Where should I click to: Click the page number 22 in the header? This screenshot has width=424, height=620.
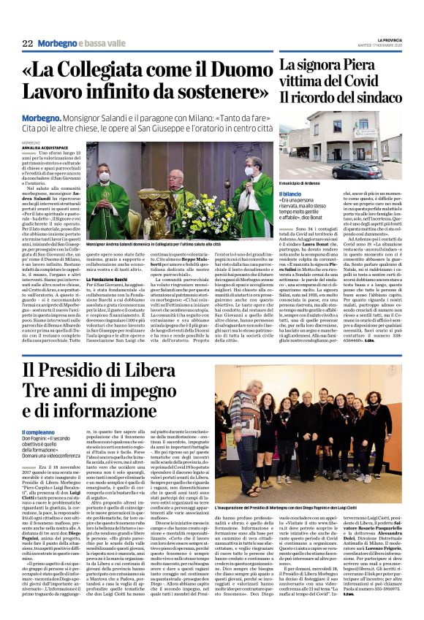click(x=27, y=43)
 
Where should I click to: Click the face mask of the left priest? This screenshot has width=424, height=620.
click(x=104, y=178)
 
